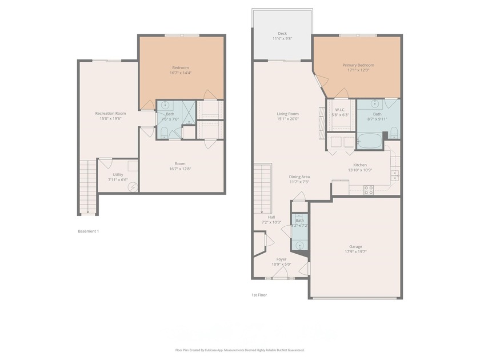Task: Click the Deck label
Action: coord(282,33)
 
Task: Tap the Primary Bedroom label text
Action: coord(358,65)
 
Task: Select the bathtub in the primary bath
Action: coord(370,141)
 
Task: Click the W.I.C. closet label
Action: coord(340,110)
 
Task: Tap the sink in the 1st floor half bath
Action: coord(300,245)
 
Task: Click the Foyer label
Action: coord(281,259)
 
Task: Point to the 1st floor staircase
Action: coord(262,188)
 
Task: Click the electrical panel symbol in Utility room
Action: coord(133,186)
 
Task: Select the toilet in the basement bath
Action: coord(164,133)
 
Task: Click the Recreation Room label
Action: coord(110,113)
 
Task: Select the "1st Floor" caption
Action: coord(259,295)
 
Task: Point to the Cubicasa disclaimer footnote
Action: coord(239,350)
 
